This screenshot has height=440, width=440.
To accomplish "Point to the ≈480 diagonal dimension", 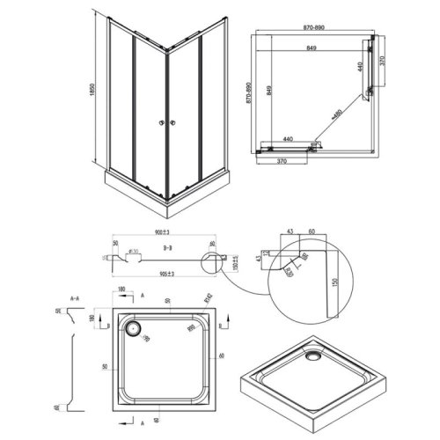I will tap(334, 114).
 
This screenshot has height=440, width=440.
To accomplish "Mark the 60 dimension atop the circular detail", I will tap(312, 232).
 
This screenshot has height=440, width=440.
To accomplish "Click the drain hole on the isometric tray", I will tap(313, 356).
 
